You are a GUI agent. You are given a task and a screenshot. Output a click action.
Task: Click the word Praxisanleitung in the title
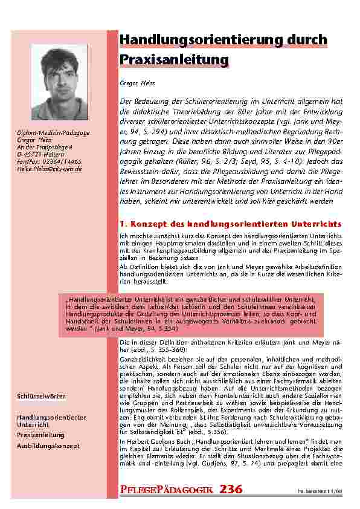pyautogui.click(x=175, y=60)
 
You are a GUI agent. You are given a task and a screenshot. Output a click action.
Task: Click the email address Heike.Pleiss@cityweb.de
pyautogui.click(x=50, y=169)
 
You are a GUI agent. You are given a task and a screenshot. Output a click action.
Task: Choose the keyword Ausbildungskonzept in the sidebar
pyautogui.click(x=48, y=445)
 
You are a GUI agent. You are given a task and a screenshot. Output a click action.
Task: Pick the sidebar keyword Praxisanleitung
pyautogui.click(x=40, y=435)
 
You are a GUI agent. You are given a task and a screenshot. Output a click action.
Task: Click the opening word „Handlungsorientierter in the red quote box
pyautogui.click(x=97, y=299)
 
